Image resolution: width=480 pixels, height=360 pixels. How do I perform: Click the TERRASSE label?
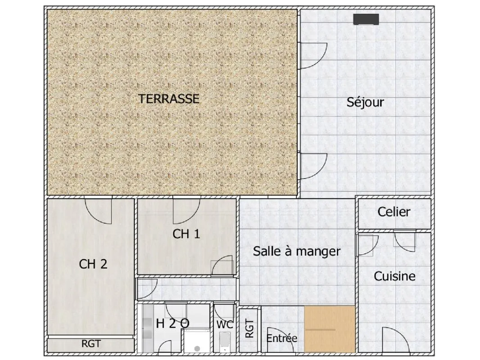pyautogui.click(x=169, y=99)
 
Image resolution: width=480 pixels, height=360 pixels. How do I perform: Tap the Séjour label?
pyautogui.click(x=365, y=102)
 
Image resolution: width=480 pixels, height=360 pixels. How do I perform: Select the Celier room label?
pyautogui.click(x=394, y=211)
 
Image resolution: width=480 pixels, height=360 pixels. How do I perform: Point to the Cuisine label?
pyautogui.click(x=394, y=276)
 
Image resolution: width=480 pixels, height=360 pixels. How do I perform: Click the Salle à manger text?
pyautogui.click(x=297, y=252)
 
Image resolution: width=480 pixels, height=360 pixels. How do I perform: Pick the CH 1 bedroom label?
pyautogui.click(x=186, y=234)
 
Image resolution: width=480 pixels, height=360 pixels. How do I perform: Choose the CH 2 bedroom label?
pyautogui.click(x=93, y=264)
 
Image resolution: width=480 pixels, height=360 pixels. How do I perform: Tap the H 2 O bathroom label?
pyautogui.click(x=172, y=323)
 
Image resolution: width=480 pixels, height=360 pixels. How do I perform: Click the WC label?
pyautogui.click(x=225, y=324)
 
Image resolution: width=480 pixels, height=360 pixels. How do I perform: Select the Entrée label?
pyautogui.click(x=281, y=338)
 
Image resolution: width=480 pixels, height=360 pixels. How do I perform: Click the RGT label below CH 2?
pyautogui.click(x=91, y=344)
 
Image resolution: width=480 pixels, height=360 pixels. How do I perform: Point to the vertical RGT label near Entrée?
pyautogui.click(x=250, y=328)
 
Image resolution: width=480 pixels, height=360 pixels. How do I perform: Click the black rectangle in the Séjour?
pyautogui.click(x=366, y=19)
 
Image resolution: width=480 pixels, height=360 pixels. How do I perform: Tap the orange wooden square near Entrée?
pyautogui.click(x=330, y=329)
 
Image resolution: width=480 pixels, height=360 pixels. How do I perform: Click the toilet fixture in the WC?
pyautogui.click(x=225, y=342)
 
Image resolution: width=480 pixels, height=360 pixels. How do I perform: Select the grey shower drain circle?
pyautogui.click(x=197, y=348)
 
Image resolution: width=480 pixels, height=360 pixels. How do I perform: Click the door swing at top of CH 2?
pyautogui.click(x=98, y=211)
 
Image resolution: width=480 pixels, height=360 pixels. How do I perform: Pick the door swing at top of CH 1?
pyautogui.click(x=186, y=211)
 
